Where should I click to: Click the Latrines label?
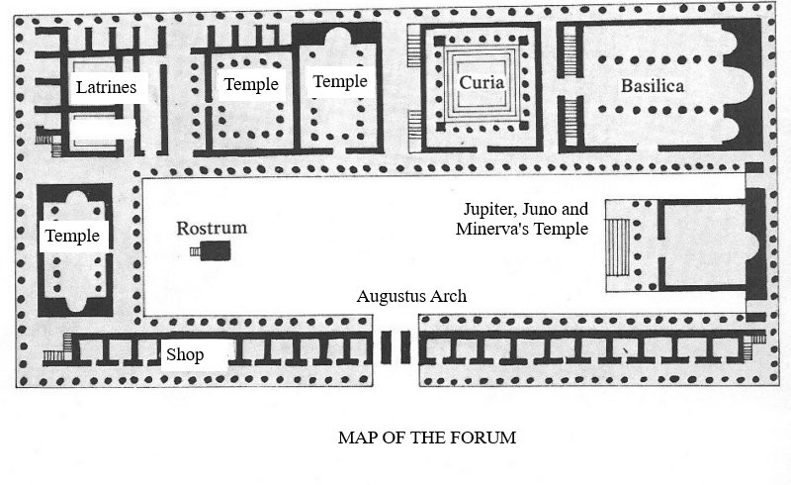coord(105,88)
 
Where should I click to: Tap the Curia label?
coord(482,83)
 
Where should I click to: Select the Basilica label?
coord(652,86)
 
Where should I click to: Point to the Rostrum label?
coord(212,229)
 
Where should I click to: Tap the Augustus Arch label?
coord(411,297)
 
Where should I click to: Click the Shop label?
coord(185,355)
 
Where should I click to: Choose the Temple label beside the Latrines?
coord(251,84)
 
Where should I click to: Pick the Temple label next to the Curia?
coord(339,81)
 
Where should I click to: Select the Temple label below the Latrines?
coord(72,236)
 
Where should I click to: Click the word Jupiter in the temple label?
coord(490,210)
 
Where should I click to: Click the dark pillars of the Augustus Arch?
coord(395,347)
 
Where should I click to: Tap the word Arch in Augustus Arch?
coord(448,297)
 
